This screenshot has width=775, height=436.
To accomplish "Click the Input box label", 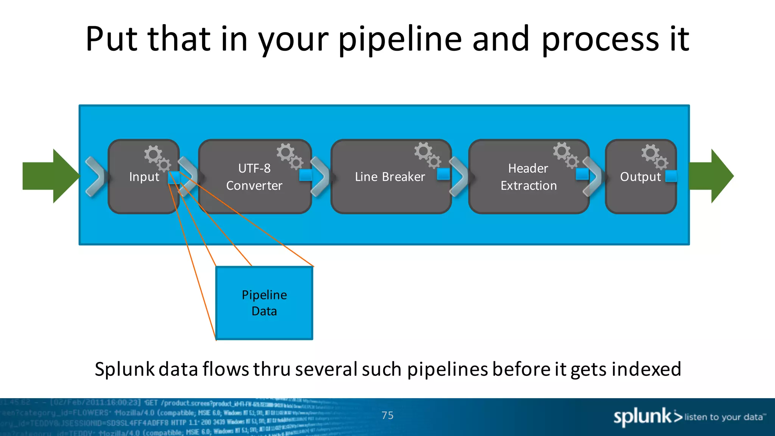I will pos(144,177).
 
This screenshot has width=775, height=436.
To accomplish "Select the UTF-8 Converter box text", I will pos(254,177).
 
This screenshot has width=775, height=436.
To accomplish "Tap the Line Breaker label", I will pos(390,177).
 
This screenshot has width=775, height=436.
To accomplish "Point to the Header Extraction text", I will pos(528,177).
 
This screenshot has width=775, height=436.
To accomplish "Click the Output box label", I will pos(640,177).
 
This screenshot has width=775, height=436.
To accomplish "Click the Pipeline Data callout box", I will pos(264,303).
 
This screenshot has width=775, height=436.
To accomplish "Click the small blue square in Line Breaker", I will pos(443,174).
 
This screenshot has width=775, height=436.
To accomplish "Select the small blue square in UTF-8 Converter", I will pos(305,175).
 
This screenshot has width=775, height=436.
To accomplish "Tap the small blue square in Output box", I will pos(671,176).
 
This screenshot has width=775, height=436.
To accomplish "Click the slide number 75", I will pos(387,415).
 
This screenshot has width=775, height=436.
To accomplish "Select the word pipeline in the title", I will pos(400,39).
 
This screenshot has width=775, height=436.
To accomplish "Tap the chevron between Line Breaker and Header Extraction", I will pos(459,177).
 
